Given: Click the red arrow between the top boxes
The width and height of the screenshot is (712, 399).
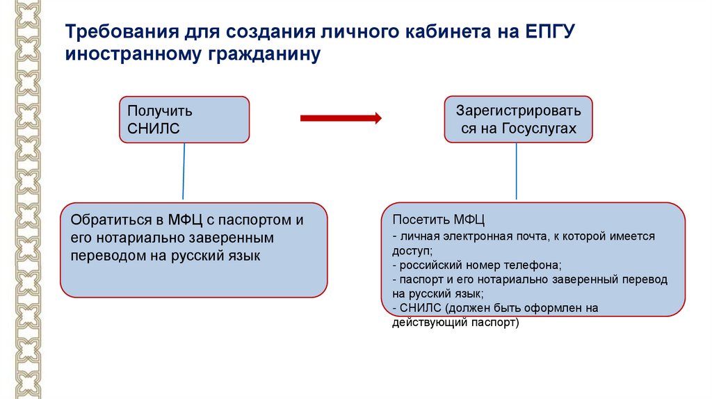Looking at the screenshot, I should pos(341,118).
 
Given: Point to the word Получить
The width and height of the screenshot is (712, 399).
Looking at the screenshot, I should pos(160,111).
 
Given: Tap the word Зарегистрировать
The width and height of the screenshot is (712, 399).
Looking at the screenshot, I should pos(518,111).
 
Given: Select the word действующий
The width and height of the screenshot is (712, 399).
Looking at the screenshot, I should pos(423,323).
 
